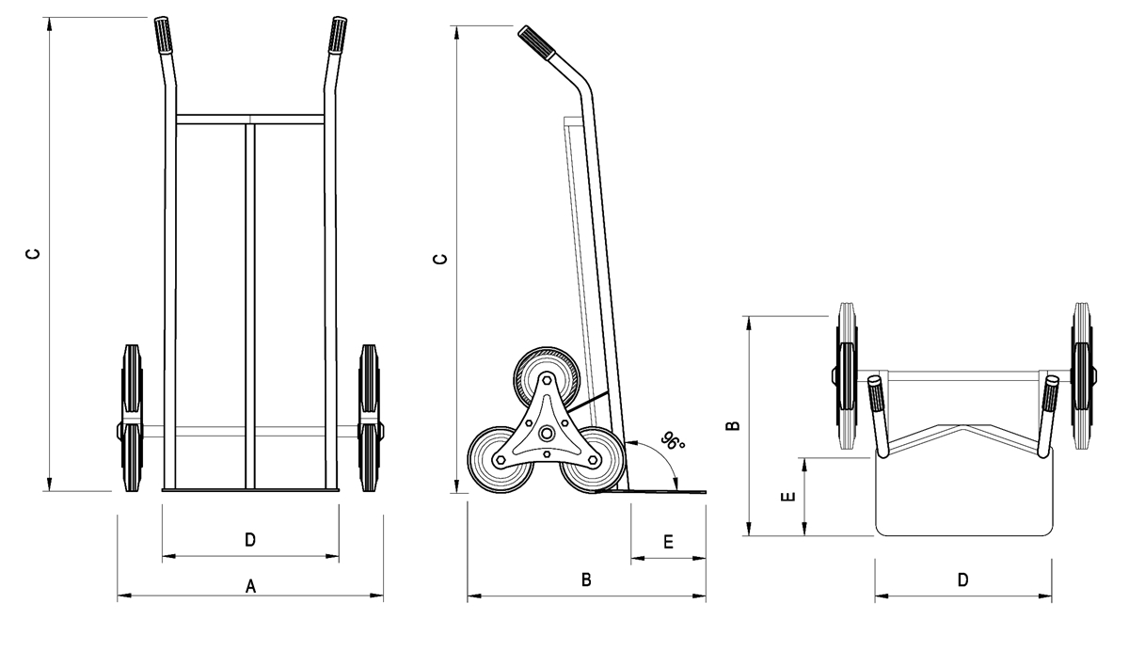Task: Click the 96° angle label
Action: coord(671,443)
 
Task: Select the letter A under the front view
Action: coord(250,586)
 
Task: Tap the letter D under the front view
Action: coord(250,539)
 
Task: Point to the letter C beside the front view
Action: coord(32,254)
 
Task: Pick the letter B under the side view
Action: coord(585,581)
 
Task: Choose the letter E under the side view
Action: coord(668,542)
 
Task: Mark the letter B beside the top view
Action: coord(734,425)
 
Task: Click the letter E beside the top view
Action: coord(790,497)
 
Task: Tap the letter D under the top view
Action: coord(962,580)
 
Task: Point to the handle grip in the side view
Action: coord(535,43)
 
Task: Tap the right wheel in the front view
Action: coord(369,419)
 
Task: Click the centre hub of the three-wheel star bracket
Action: coord(546,432)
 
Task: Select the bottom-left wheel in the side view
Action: coord(500,459)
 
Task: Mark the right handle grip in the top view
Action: coord(1050,395)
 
